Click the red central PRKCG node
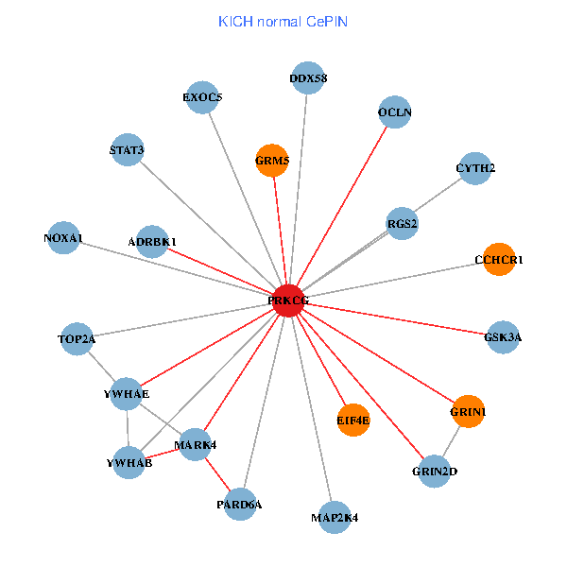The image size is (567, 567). [288, 301]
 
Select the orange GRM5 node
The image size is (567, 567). [272, 161]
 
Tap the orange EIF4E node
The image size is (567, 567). [353, 420]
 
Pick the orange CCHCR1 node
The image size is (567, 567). [499, 259]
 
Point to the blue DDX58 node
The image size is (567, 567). [308, 79]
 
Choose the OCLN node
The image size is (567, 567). [395, 112]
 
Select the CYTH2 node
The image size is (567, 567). [475, 168]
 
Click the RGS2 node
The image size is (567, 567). [403, 224]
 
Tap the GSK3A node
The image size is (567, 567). [503, 336]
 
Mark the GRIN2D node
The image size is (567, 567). [435, 471]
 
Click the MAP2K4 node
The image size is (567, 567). [335, 517]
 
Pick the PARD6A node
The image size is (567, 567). [240, 504]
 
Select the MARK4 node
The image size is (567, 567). [195, 444]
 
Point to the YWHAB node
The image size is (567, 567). [129, 463]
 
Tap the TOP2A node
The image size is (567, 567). [77, 338]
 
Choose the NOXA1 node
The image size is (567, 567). [62, 237]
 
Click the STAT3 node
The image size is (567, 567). [127, 149]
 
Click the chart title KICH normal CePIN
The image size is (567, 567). [283, 21]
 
